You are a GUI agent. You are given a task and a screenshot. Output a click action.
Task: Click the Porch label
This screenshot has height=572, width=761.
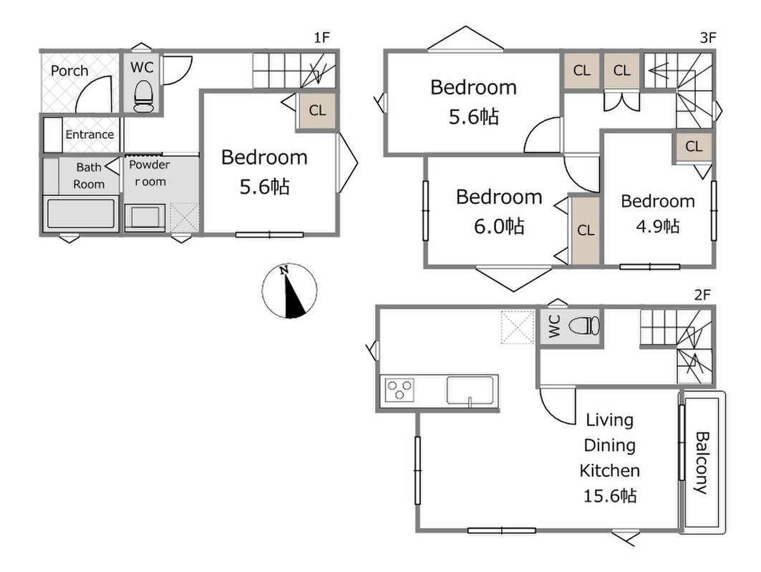69,71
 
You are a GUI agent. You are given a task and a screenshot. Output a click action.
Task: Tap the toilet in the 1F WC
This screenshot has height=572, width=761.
142,97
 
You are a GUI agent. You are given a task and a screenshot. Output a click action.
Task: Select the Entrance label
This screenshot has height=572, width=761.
89,134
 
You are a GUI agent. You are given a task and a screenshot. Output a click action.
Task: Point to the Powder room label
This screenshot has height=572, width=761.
150,173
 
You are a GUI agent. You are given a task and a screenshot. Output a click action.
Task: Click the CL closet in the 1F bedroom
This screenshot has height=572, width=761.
317,111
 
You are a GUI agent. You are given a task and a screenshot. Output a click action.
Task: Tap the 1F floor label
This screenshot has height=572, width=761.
321,37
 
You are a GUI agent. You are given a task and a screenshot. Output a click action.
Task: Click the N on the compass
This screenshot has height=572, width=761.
284,270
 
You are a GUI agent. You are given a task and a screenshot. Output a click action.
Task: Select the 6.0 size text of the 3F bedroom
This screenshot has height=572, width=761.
499,227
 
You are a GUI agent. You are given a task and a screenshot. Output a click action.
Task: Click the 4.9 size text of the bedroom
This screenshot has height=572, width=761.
658,226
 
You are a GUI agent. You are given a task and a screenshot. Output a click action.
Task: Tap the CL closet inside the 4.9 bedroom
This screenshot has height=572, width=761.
694,147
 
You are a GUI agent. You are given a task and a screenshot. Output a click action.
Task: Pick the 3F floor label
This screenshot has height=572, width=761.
708,37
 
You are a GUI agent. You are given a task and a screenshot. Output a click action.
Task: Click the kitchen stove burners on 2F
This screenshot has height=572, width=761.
399,390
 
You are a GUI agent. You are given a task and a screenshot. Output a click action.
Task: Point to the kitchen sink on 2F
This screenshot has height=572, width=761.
470,390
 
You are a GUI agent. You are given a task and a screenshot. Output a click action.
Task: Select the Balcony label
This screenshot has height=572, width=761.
702,463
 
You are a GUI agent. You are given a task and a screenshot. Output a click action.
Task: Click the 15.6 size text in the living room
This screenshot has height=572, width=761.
609,496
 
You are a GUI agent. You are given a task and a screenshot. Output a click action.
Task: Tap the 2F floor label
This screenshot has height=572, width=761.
702,295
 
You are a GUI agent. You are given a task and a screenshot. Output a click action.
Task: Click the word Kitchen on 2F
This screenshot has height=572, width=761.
609,470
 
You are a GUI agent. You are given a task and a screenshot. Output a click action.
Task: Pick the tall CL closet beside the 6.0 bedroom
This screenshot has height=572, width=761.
586,231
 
